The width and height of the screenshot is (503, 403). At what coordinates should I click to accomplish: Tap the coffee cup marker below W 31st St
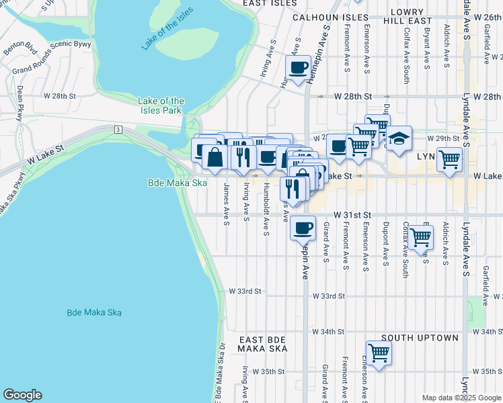pos(303,227)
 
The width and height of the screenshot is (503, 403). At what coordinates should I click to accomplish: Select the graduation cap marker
pos(399,139)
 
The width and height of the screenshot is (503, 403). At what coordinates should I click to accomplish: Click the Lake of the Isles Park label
pos(161,105)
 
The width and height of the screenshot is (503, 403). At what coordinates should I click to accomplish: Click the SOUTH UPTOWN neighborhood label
pos(420,338)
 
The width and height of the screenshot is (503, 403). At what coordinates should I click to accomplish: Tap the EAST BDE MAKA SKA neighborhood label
pos(263,343)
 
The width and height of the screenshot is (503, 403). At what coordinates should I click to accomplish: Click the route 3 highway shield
pos(118,128)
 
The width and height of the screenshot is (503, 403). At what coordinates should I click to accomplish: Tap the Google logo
pos(22,395)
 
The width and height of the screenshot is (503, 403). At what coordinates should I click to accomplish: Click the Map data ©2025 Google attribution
pos(461,398)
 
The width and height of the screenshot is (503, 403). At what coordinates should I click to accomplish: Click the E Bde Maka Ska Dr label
pos(219,373)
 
